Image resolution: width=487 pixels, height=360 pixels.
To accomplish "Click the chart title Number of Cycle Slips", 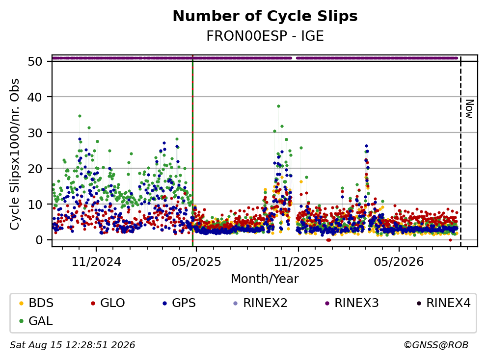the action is click(x=265, y=16).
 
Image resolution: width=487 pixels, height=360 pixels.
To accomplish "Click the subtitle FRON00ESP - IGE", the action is click(x=265, y=36).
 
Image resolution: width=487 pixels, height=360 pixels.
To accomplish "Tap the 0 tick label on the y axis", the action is click(x=39, y=240).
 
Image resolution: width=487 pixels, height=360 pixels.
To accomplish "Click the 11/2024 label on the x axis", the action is click(x=96, y=262).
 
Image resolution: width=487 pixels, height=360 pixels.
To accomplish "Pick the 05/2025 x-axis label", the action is click(x=196, y=262).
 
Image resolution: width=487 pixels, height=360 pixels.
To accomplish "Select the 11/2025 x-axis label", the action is click(x=298, y=262).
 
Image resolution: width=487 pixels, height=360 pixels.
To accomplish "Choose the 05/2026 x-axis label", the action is click(x=399, y=262).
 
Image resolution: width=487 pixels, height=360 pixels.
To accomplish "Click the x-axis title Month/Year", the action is click(x=265, y=279).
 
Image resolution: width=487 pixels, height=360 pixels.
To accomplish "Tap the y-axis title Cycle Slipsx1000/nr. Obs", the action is click(x=14, y=154).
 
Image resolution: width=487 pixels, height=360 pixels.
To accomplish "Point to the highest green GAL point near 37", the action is click(x=278, y=106).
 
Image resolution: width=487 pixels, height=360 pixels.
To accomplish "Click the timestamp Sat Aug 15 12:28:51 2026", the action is click(x=72, y=345).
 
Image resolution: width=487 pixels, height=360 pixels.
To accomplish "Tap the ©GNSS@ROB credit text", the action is click(x=436, y=345).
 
